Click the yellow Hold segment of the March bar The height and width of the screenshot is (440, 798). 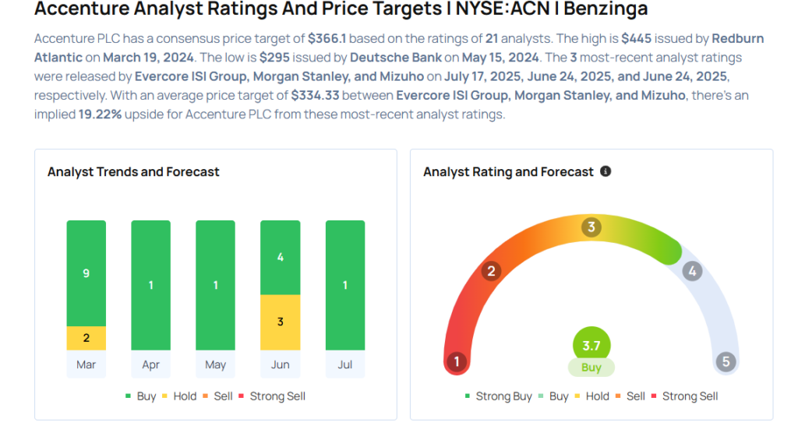(86, 338)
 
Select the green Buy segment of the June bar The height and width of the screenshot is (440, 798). (280, 258)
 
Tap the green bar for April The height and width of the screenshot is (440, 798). (150, 285)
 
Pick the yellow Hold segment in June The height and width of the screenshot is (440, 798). (280, 322)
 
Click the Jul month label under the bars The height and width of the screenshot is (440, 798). (345, 364)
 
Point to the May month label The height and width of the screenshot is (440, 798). (215, 364)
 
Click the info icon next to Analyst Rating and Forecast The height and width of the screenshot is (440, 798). (606, 171)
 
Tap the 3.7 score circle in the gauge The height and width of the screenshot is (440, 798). (591, 346)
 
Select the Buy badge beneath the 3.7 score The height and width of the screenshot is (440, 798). (591, 368)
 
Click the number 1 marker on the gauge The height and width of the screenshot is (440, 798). (457, 361)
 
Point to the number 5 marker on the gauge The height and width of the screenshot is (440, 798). (726, 361)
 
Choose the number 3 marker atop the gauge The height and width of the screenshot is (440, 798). (591, 227)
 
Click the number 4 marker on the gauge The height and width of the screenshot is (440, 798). (692, 271)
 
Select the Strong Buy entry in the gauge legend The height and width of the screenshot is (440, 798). (499, 396)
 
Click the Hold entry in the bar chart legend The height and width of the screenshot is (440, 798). (180, 396)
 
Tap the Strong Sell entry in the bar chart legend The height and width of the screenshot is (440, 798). (272, 396)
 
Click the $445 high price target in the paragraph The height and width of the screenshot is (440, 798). (636, 39)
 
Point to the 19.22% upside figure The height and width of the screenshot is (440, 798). (100, 114)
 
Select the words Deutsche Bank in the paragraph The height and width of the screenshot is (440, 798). (396, 58)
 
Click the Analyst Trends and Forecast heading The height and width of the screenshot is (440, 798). (133, 172)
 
